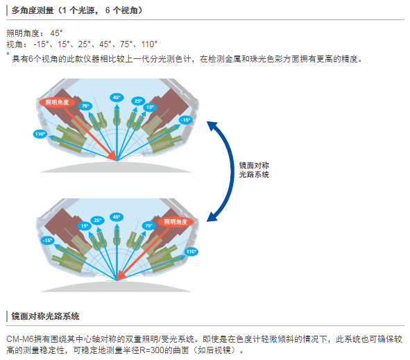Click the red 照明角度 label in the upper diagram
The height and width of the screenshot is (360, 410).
click(x=58, y=102)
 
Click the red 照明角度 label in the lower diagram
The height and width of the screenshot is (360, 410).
click(x=176, y=222)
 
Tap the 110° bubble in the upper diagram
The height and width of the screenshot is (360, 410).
click(x=40, y=134)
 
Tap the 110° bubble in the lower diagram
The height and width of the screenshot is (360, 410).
click(x=191, y=252)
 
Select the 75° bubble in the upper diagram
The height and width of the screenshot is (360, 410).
click(x=85, y=106)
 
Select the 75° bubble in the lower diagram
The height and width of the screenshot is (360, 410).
click(x=148, y=225)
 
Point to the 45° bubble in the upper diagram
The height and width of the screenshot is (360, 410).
click(x=117, y=98)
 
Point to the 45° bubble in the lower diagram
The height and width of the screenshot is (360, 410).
click(x=117, y=217)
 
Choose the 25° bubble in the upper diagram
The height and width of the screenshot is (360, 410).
click(x=138, y=101)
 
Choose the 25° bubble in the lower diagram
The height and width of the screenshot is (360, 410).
click(x=98, y=221)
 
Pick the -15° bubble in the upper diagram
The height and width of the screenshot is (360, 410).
click(x=186, y=120)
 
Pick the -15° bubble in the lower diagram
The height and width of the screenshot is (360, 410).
click(x=48, y=240)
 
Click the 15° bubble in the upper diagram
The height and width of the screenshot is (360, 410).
click(x=150, y=108)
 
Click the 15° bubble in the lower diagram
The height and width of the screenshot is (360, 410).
click(x=85, y=226)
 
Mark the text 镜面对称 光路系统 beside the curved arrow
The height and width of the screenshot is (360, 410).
click(x=254, y=170)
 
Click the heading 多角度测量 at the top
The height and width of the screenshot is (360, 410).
click(x=33, y=10)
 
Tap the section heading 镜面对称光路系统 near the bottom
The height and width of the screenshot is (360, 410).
click(x=45, y=316)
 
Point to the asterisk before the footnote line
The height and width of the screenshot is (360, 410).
click(x=8, y=54)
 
